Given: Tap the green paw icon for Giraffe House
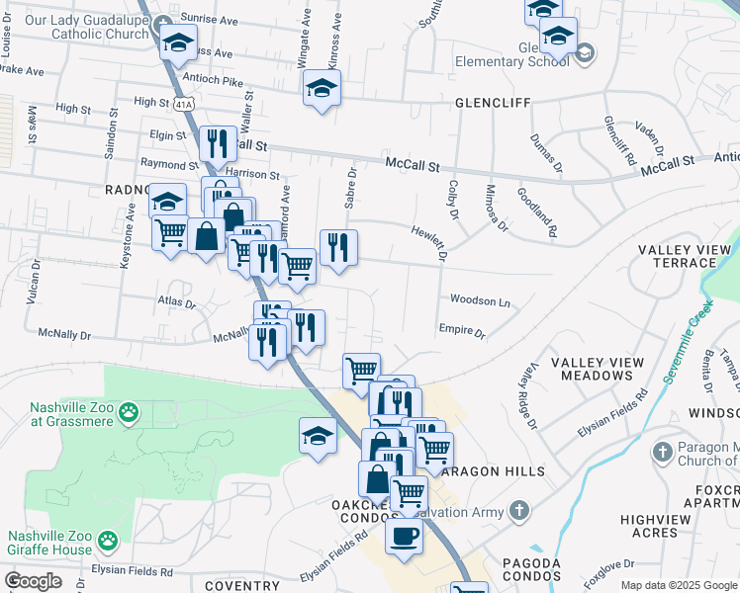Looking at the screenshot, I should [106, 542].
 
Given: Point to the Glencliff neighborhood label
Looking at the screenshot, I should [493, 102].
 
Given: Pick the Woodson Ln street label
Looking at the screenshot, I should [479, 299].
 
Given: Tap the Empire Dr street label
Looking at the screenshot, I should [461, 331].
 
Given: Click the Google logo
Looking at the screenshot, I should [32, 581].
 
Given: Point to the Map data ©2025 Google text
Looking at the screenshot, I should [679, 585].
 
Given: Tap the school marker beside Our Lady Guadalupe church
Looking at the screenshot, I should [179, 42].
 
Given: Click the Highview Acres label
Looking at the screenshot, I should [655, 526].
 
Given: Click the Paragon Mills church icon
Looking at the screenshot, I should [662, 453].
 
